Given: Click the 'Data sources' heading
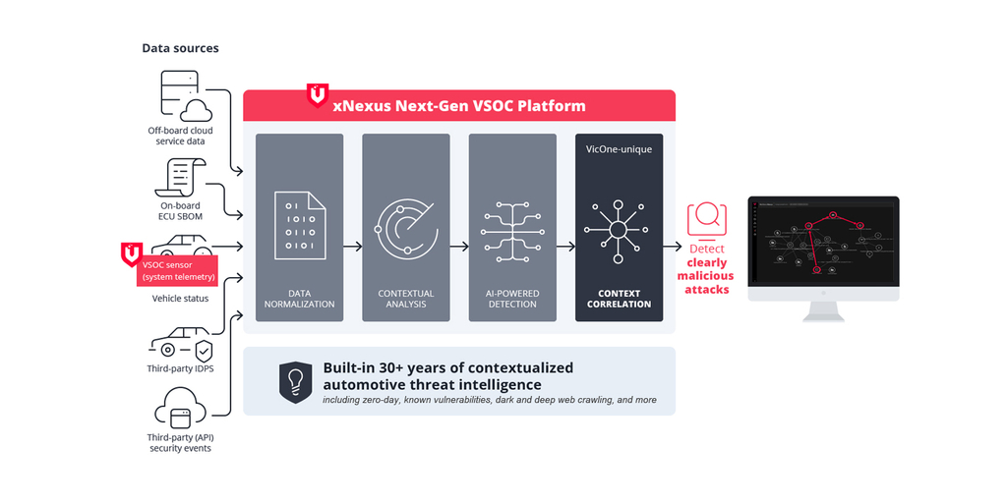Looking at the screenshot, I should pos(180,48).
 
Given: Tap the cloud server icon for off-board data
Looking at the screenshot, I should pos(186,96).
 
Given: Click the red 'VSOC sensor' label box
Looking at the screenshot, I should pos(177,269).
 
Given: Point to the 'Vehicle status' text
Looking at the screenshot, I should pos(180,299).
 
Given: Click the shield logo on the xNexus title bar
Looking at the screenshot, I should pos(318,95).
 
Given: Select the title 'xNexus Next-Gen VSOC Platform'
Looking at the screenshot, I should pos(459,106).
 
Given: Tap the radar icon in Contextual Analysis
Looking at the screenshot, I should pos(406,229).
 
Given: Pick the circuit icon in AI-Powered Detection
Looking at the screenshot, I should pos(512,231).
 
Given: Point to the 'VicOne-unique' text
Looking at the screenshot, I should pos(619,149).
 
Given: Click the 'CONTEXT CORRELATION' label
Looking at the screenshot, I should pos(619,299).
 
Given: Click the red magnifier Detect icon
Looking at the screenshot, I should pos(707,219).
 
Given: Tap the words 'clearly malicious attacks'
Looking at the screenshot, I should pos(707,276).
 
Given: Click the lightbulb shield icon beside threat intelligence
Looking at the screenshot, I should pos(295,382).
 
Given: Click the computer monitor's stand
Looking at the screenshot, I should pos(823,310).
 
